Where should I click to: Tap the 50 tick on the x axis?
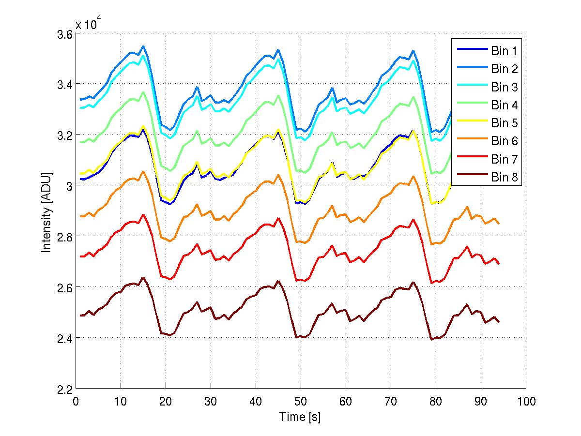300,402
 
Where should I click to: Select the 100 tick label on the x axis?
526,402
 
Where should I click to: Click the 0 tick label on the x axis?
76,402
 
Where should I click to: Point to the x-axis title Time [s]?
300,416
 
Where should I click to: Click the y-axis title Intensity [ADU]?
47,212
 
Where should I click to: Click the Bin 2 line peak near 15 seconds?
143,46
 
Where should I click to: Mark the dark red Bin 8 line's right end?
499,322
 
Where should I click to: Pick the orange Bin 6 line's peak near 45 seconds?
278,175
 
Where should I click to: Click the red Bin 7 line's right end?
499,263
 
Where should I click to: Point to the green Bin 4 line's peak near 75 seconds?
413,97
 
